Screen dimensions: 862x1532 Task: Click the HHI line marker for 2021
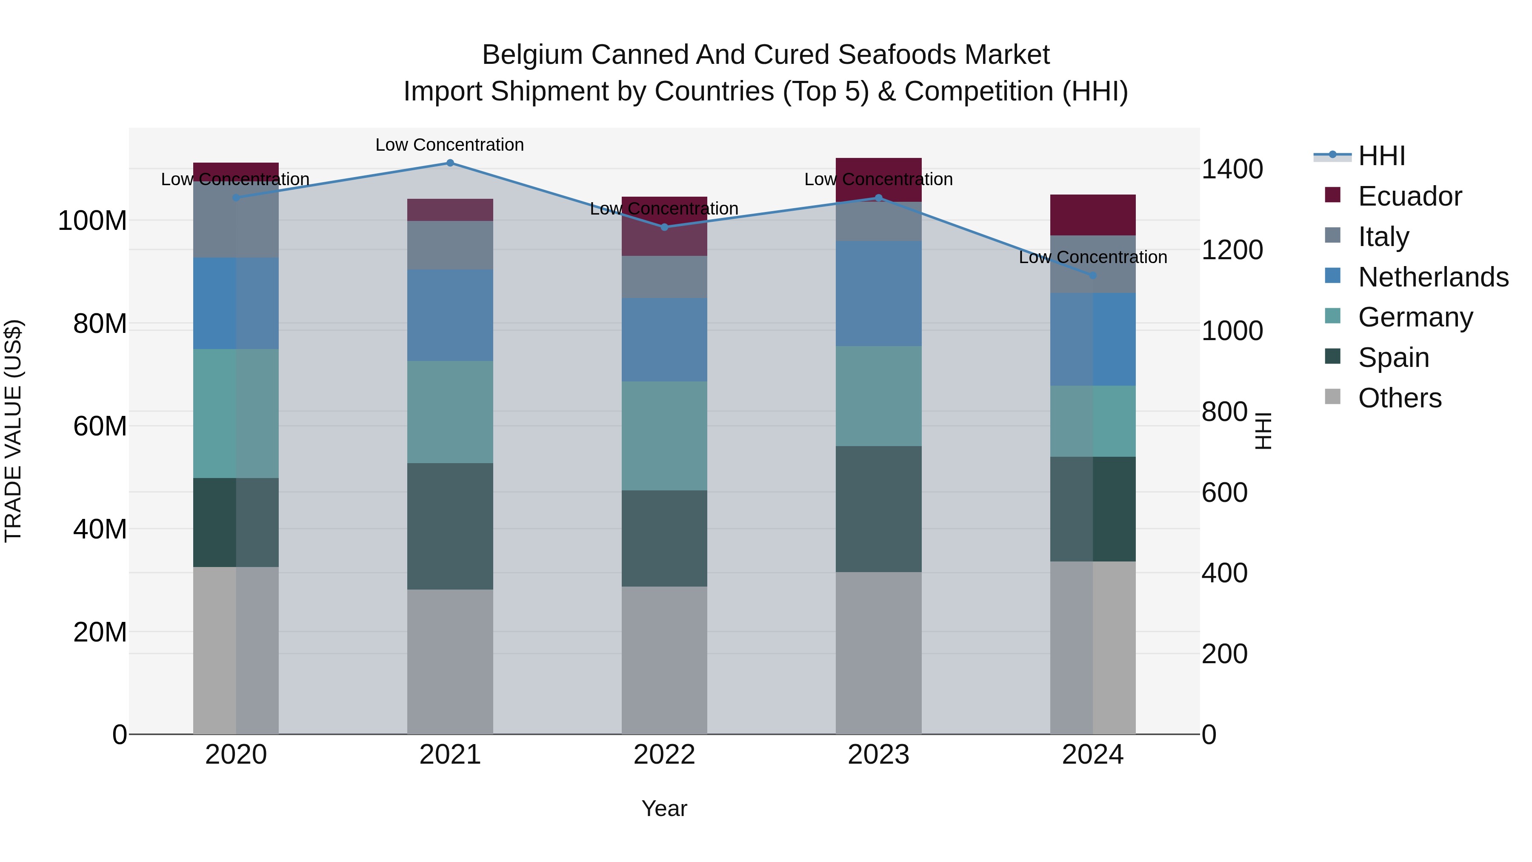450,163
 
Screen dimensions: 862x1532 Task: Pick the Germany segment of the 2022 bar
664,435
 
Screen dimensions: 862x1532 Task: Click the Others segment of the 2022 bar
664,660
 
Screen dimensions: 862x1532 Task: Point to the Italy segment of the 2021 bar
450,245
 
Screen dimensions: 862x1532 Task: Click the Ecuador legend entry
1409,196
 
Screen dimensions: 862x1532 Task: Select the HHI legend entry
1381,156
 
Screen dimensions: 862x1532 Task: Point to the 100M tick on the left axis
92,221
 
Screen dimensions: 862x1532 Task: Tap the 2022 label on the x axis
664,755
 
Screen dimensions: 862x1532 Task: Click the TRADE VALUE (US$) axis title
13,431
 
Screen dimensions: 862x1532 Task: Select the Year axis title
664,808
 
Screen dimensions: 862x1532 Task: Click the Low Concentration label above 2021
450,145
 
